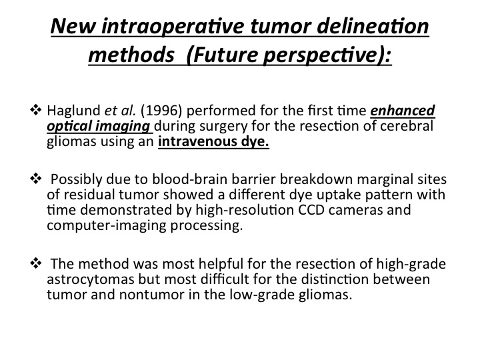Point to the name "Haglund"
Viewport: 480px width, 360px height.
point(73,111)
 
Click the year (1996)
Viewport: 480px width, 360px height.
point(161,111)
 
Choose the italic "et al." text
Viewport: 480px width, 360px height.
point(120,111)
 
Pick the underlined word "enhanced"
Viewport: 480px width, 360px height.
point(403,111)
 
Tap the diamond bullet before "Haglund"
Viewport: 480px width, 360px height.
point(35,110)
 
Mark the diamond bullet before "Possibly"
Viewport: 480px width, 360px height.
point(35,179)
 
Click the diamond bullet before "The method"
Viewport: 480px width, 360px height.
point(35,263)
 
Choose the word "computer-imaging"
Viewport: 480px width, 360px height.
point(107,226)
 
